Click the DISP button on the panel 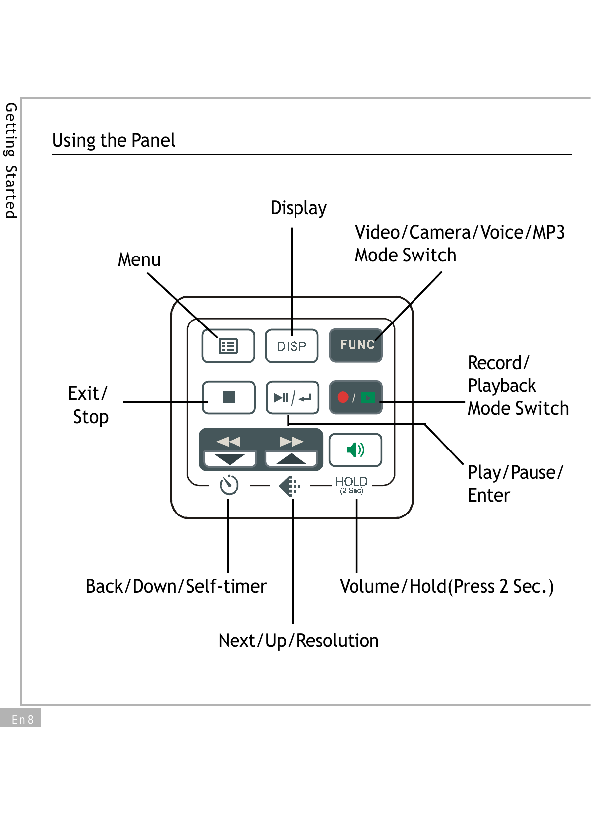292,346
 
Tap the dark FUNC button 356,345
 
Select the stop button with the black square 229,397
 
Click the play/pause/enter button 292,397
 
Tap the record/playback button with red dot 356,397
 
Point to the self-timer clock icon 229,485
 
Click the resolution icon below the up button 290,486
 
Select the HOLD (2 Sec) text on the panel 352,485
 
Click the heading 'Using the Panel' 114,141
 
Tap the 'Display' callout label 298,208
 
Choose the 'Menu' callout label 139,259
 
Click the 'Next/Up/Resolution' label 298,641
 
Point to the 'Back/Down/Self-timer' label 176,586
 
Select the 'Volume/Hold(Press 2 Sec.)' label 446,586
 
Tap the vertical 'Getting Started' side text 11,160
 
